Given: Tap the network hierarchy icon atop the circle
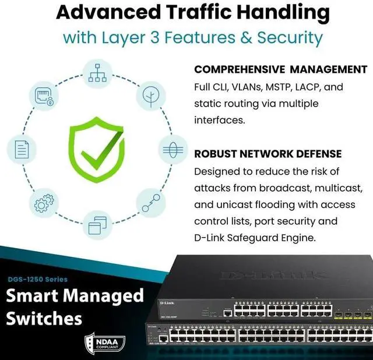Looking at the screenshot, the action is pyautogui.click(x=94, y=73).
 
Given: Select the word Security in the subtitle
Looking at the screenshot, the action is pyautogui.click(x=291, y=38).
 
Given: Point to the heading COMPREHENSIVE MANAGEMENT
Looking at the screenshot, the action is pyautogui.click(x=281, y=69).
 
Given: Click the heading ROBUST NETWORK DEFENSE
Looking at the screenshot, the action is pyautogui.click(x=268, y=154).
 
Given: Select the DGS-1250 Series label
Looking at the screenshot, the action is pyautogui.click(x=38, y=279).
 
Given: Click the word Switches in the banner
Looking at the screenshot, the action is pyautogui.click(x=44, y=319).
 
